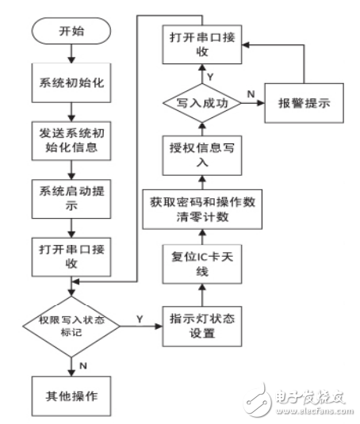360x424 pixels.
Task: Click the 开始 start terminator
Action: click(71, 32)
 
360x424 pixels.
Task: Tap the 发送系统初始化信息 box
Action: click(71, 139)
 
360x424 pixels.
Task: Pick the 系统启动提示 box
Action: click(71, 198)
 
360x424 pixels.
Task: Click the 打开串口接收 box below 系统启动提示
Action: click(71, 257)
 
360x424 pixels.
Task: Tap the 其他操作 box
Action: click(71, 394)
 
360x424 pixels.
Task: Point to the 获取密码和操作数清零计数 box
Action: click(202, 209)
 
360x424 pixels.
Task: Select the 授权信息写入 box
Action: click(202, 155)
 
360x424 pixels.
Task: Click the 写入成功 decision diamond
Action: click(202, 102)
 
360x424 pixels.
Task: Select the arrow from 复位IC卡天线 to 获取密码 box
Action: click(202, 237)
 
